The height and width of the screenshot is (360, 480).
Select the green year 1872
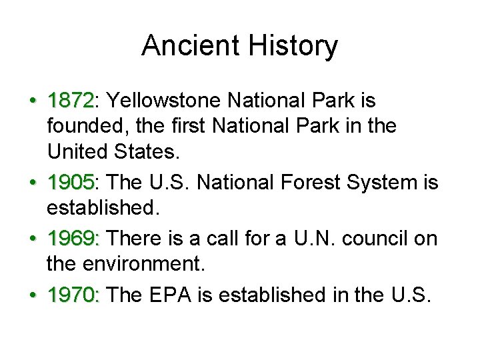[x=71, y=101]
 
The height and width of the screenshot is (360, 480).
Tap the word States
[x=151, y=153]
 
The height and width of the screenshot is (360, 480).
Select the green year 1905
[x=71, y=182]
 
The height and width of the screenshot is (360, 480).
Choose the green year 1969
[x=71, y=238]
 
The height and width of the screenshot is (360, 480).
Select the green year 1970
[x=71, y=294]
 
